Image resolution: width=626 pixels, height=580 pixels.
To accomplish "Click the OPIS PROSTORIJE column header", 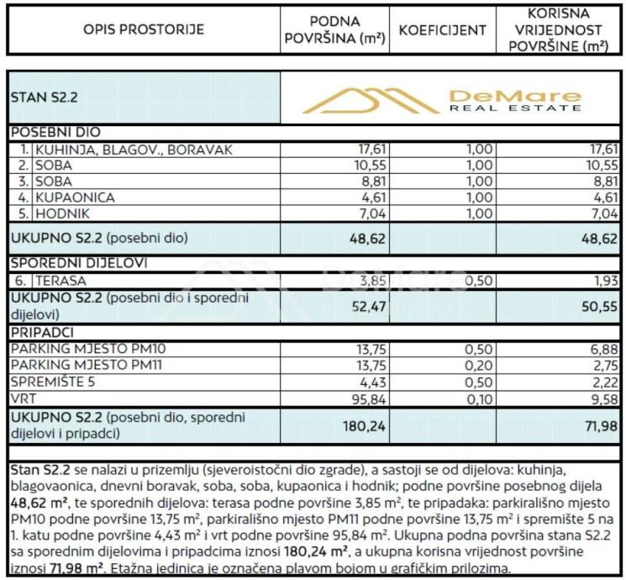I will click(144, 30).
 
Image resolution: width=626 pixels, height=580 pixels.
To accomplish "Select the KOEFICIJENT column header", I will click(442, 30).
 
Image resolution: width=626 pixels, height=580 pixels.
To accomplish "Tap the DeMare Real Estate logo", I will click(442, 100).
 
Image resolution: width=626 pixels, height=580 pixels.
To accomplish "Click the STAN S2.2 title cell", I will click(45, 98).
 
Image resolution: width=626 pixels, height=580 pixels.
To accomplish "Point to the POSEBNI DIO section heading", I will click(55, 133).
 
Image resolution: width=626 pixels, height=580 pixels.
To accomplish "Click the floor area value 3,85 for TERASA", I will click(371, 279).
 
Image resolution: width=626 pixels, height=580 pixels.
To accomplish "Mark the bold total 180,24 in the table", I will click(365, 425).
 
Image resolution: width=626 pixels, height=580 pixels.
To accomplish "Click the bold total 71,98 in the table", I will click(587, 425).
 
